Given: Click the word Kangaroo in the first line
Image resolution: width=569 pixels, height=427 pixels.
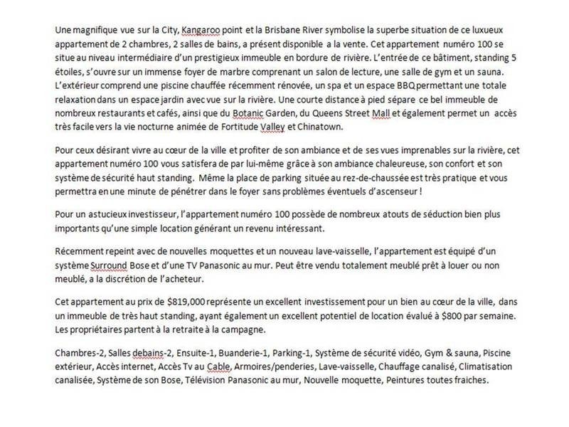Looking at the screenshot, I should coord(201,31).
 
